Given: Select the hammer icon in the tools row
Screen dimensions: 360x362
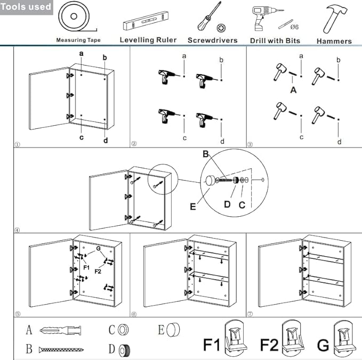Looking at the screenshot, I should coord(333,20).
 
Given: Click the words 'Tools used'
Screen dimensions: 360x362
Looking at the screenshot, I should coord(27,7).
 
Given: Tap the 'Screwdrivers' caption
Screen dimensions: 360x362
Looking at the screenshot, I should coord(212,40).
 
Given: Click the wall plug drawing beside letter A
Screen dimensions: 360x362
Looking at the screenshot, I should coord(62,331).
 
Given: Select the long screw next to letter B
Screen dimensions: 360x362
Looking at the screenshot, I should coord(61,350).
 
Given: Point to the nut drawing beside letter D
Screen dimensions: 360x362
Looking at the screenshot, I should coord(124,350).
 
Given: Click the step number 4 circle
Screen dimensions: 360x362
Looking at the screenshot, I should coord(18,230).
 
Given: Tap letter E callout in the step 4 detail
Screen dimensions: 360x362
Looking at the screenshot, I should coord(193,206).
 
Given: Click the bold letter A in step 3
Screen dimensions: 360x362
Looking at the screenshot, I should coord(293,91).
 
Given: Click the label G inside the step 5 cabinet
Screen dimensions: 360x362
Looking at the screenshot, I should coord(98,249).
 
